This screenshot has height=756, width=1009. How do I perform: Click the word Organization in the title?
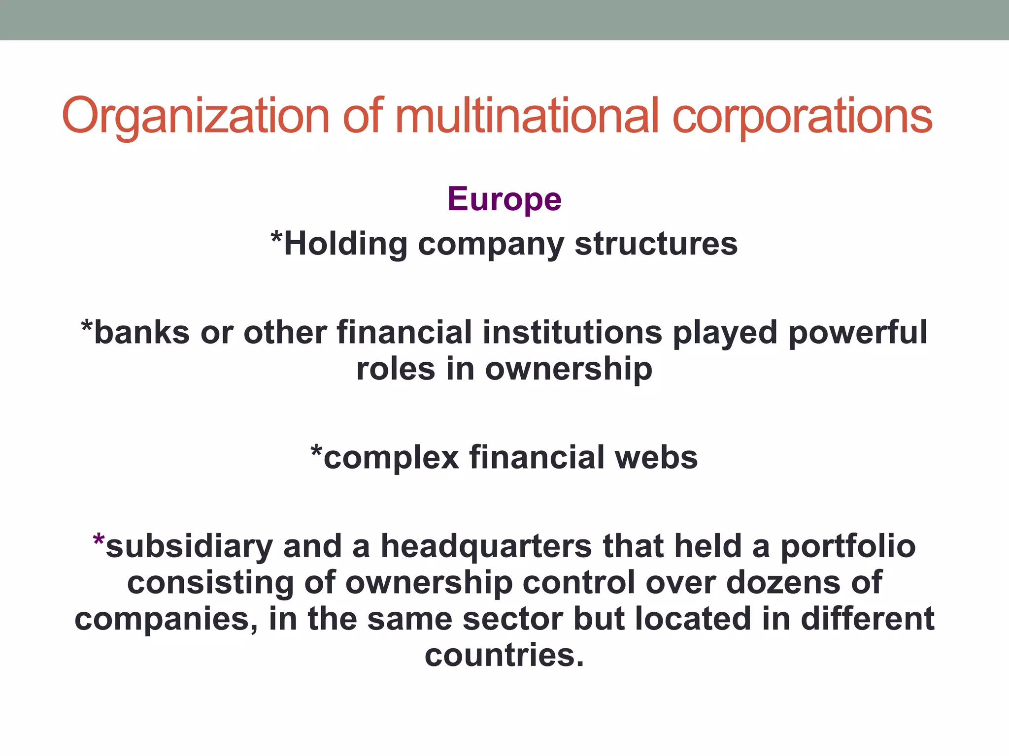click(x=196, y=116)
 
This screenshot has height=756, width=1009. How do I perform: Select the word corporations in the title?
click(x=802, y=116)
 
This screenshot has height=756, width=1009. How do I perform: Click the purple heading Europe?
click(x=504, y=199)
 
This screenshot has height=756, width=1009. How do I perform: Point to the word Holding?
click(x=345, y=244)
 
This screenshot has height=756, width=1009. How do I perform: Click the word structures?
click(x=656, y=244)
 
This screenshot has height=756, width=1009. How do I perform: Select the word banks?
click(x=141, y=333)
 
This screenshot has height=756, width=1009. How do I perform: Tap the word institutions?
click(x=572, y=333)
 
